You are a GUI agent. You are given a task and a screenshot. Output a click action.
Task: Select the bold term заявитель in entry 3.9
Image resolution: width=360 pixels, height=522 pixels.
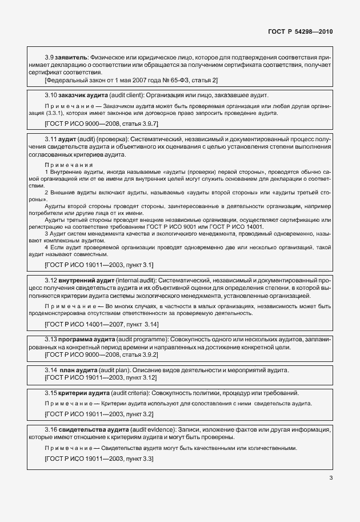[x=70, y=58]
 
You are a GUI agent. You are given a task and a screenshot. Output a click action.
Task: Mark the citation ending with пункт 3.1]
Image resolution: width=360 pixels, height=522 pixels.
[x=98, y=265]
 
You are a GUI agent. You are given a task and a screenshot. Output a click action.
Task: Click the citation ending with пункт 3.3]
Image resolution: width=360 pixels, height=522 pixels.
[x=98, y=459]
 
